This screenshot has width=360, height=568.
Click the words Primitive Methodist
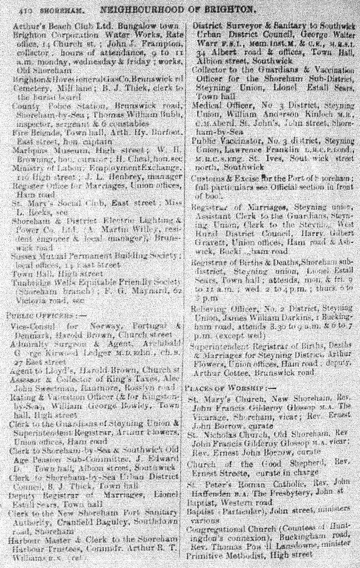click(219, 554)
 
